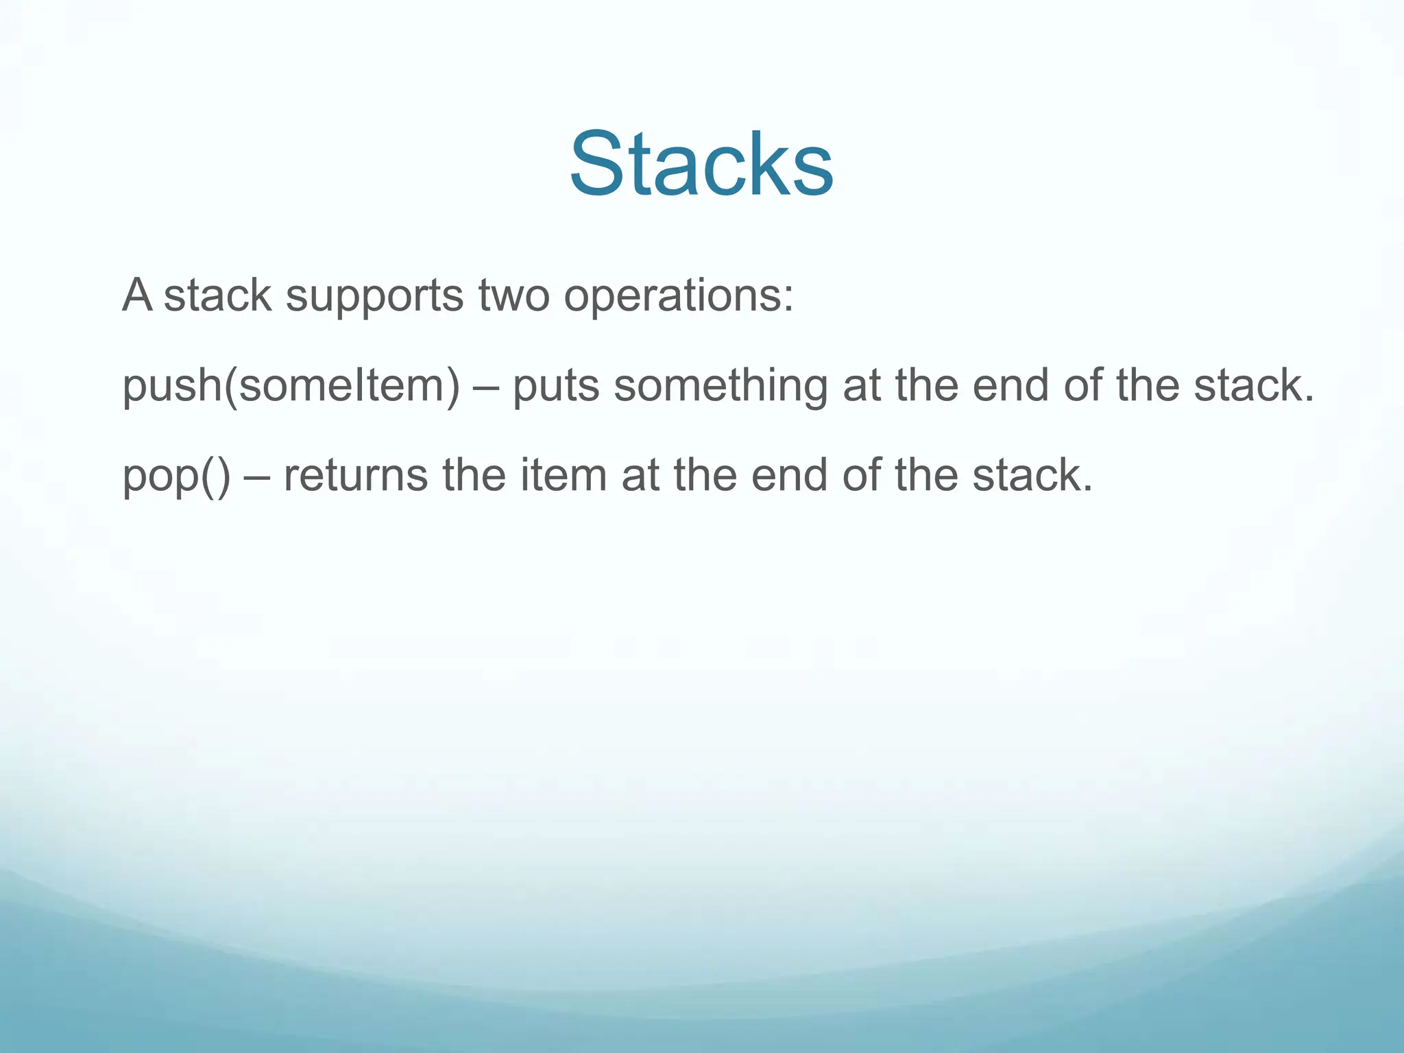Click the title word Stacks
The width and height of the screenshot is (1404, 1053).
tap(701, 165)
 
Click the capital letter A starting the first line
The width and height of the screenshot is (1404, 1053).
tap(137, 295)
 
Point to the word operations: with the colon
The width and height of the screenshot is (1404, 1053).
tap(679, 296)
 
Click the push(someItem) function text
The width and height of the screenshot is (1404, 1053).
tap(291, 385)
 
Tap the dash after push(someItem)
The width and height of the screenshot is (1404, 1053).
tap(487, 387)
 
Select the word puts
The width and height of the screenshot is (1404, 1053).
tap(556, 387)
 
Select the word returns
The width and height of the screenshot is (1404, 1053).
tap(355, 475)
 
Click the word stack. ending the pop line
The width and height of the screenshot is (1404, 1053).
tap(1032, 474)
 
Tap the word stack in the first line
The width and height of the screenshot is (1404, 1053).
tap(217, 296)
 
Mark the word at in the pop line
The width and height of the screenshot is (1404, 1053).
tap(640, 476)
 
